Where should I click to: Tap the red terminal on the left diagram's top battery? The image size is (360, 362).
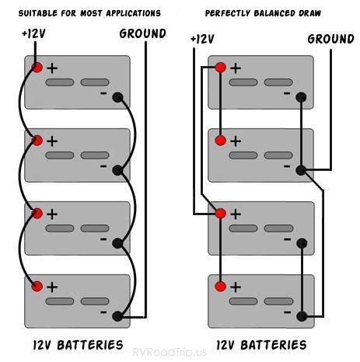[x=37, y=68]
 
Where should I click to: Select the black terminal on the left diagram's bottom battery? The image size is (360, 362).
[x=117, y=316]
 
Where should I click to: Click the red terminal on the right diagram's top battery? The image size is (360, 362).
[x=220, y=68]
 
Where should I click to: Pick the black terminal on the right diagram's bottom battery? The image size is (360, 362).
[x=301, y=316]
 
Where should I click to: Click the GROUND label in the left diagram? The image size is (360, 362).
[x=142, y=33]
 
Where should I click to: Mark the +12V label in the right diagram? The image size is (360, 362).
[x=201, y=38]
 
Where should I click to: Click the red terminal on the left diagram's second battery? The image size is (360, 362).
[x=37, y=141]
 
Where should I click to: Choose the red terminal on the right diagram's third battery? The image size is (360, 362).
[x=220, y=213]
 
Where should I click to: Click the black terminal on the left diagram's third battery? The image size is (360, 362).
[x=117, y=243]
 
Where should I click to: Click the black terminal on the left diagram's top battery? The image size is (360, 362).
[x=117, y=98]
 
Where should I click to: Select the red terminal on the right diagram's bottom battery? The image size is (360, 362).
[x=220, y=286]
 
